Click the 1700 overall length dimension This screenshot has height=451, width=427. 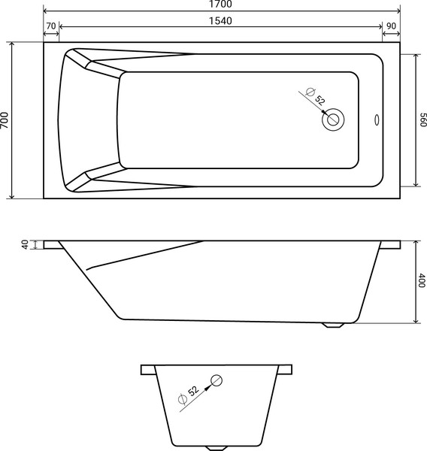221,5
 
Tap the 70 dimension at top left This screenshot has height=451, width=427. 51,26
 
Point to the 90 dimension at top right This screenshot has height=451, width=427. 391,26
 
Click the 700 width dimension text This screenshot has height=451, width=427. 6,120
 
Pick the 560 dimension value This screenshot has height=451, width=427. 422,120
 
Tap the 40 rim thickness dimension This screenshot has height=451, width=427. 25,245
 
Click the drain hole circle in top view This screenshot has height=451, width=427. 333,118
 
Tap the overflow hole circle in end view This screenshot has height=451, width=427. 217,380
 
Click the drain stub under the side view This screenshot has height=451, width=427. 335,325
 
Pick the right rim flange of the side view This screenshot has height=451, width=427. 392,245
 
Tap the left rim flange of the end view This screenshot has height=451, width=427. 147,369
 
